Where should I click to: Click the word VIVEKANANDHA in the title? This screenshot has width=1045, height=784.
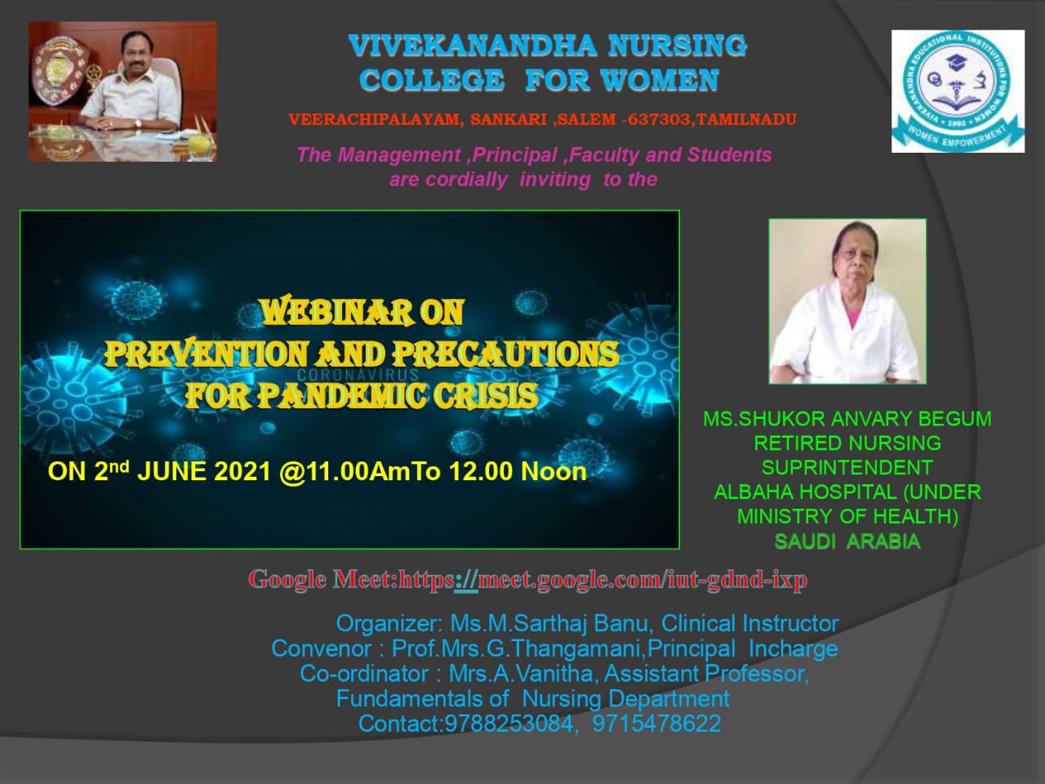[473, 47]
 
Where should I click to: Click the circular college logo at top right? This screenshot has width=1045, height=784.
[958, 91]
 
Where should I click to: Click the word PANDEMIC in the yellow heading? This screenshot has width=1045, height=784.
[342, 395]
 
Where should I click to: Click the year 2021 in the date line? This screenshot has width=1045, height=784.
[242, 472]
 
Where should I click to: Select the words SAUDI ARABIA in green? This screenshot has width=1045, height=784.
[847, 541]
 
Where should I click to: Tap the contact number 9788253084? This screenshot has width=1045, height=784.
[509, 724]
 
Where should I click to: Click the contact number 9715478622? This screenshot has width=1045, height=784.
[656, 724]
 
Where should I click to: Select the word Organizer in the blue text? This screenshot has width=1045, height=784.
[389, 624]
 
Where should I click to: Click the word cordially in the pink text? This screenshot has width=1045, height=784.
[466, 180]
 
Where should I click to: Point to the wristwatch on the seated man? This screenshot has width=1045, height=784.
[139, 123]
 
